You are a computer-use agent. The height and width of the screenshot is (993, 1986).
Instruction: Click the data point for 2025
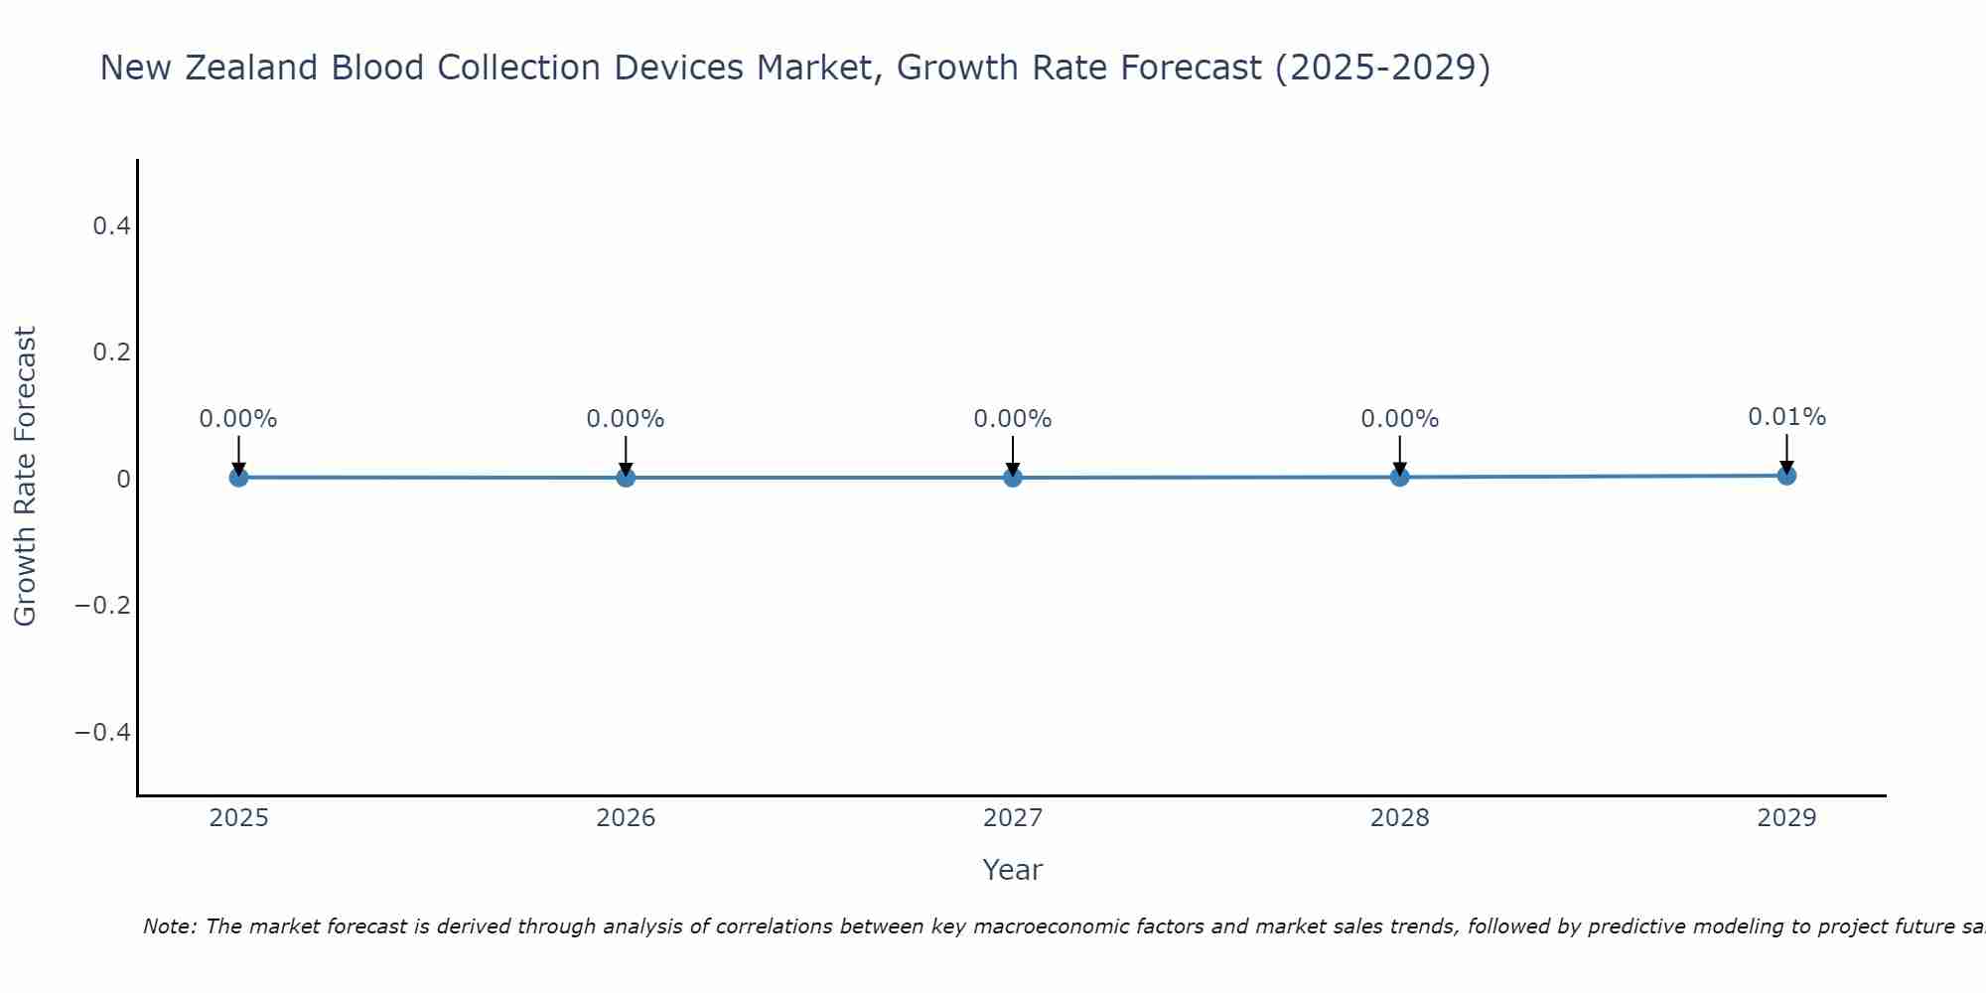pyautogui.click(x=238, y=478)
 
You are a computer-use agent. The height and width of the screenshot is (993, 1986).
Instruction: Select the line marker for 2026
pyautogui.click(x=626, y=478)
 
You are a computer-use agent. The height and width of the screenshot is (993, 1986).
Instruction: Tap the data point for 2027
pyautogui.click(x=1013, y=478)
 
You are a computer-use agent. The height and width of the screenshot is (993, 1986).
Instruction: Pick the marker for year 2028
pyautogui.click(x=1399, y=478)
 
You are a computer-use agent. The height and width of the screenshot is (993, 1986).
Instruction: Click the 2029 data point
pyautogui.click(x=1786, y=476)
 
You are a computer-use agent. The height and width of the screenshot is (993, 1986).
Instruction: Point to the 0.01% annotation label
pyautogui.click(x=1786, y=417)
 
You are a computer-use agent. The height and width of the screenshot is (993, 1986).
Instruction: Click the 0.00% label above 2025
pyautogui.click(x=238, y=419)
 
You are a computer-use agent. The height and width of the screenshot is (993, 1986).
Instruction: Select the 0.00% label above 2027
pyautogui.click(x=1013, y=419)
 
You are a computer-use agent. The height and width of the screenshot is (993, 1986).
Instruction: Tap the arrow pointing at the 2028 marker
pyautogui.click(x=1399, y=456)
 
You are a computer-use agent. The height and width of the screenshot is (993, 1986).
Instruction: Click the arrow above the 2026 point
pyautogui.click(x=626, y=456)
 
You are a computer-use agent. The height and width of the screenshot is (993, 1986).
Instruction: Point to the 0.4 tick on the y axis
pyautogui.click(x=112, y=226)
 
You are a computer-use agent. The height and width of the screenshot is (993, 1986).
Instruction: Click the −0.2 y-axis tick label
pyautogui.click(x=103, y=606)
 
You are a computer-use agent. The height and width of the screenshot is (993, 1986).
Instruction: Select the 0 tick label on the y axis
pyautogui.click(x=124, y=480)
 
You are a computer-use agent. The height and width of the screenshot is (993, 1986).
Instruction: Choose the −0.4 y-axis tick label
pyautogui.click(x=103, y=733)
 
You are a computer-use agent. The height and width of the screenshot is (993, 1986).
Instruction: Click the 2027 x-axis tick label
pyautogui.click(x=1013, y=818)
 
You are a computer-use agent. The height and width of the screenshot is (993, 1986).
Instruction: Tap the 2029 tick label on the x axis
pyautogui.click(x=1786, y=818)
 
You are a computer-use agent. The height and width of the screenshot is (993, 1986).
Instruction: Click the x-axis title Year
pyautogui.click(x=1012, y=870)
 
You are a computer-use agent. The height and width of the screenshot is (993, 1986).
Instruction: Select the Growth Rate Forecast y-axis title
pyautogui.click(x=26, y=477)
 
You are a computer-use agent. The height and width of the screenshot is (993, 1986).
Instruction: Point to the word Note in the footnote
pyautogui.click(x=170, y=926)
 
